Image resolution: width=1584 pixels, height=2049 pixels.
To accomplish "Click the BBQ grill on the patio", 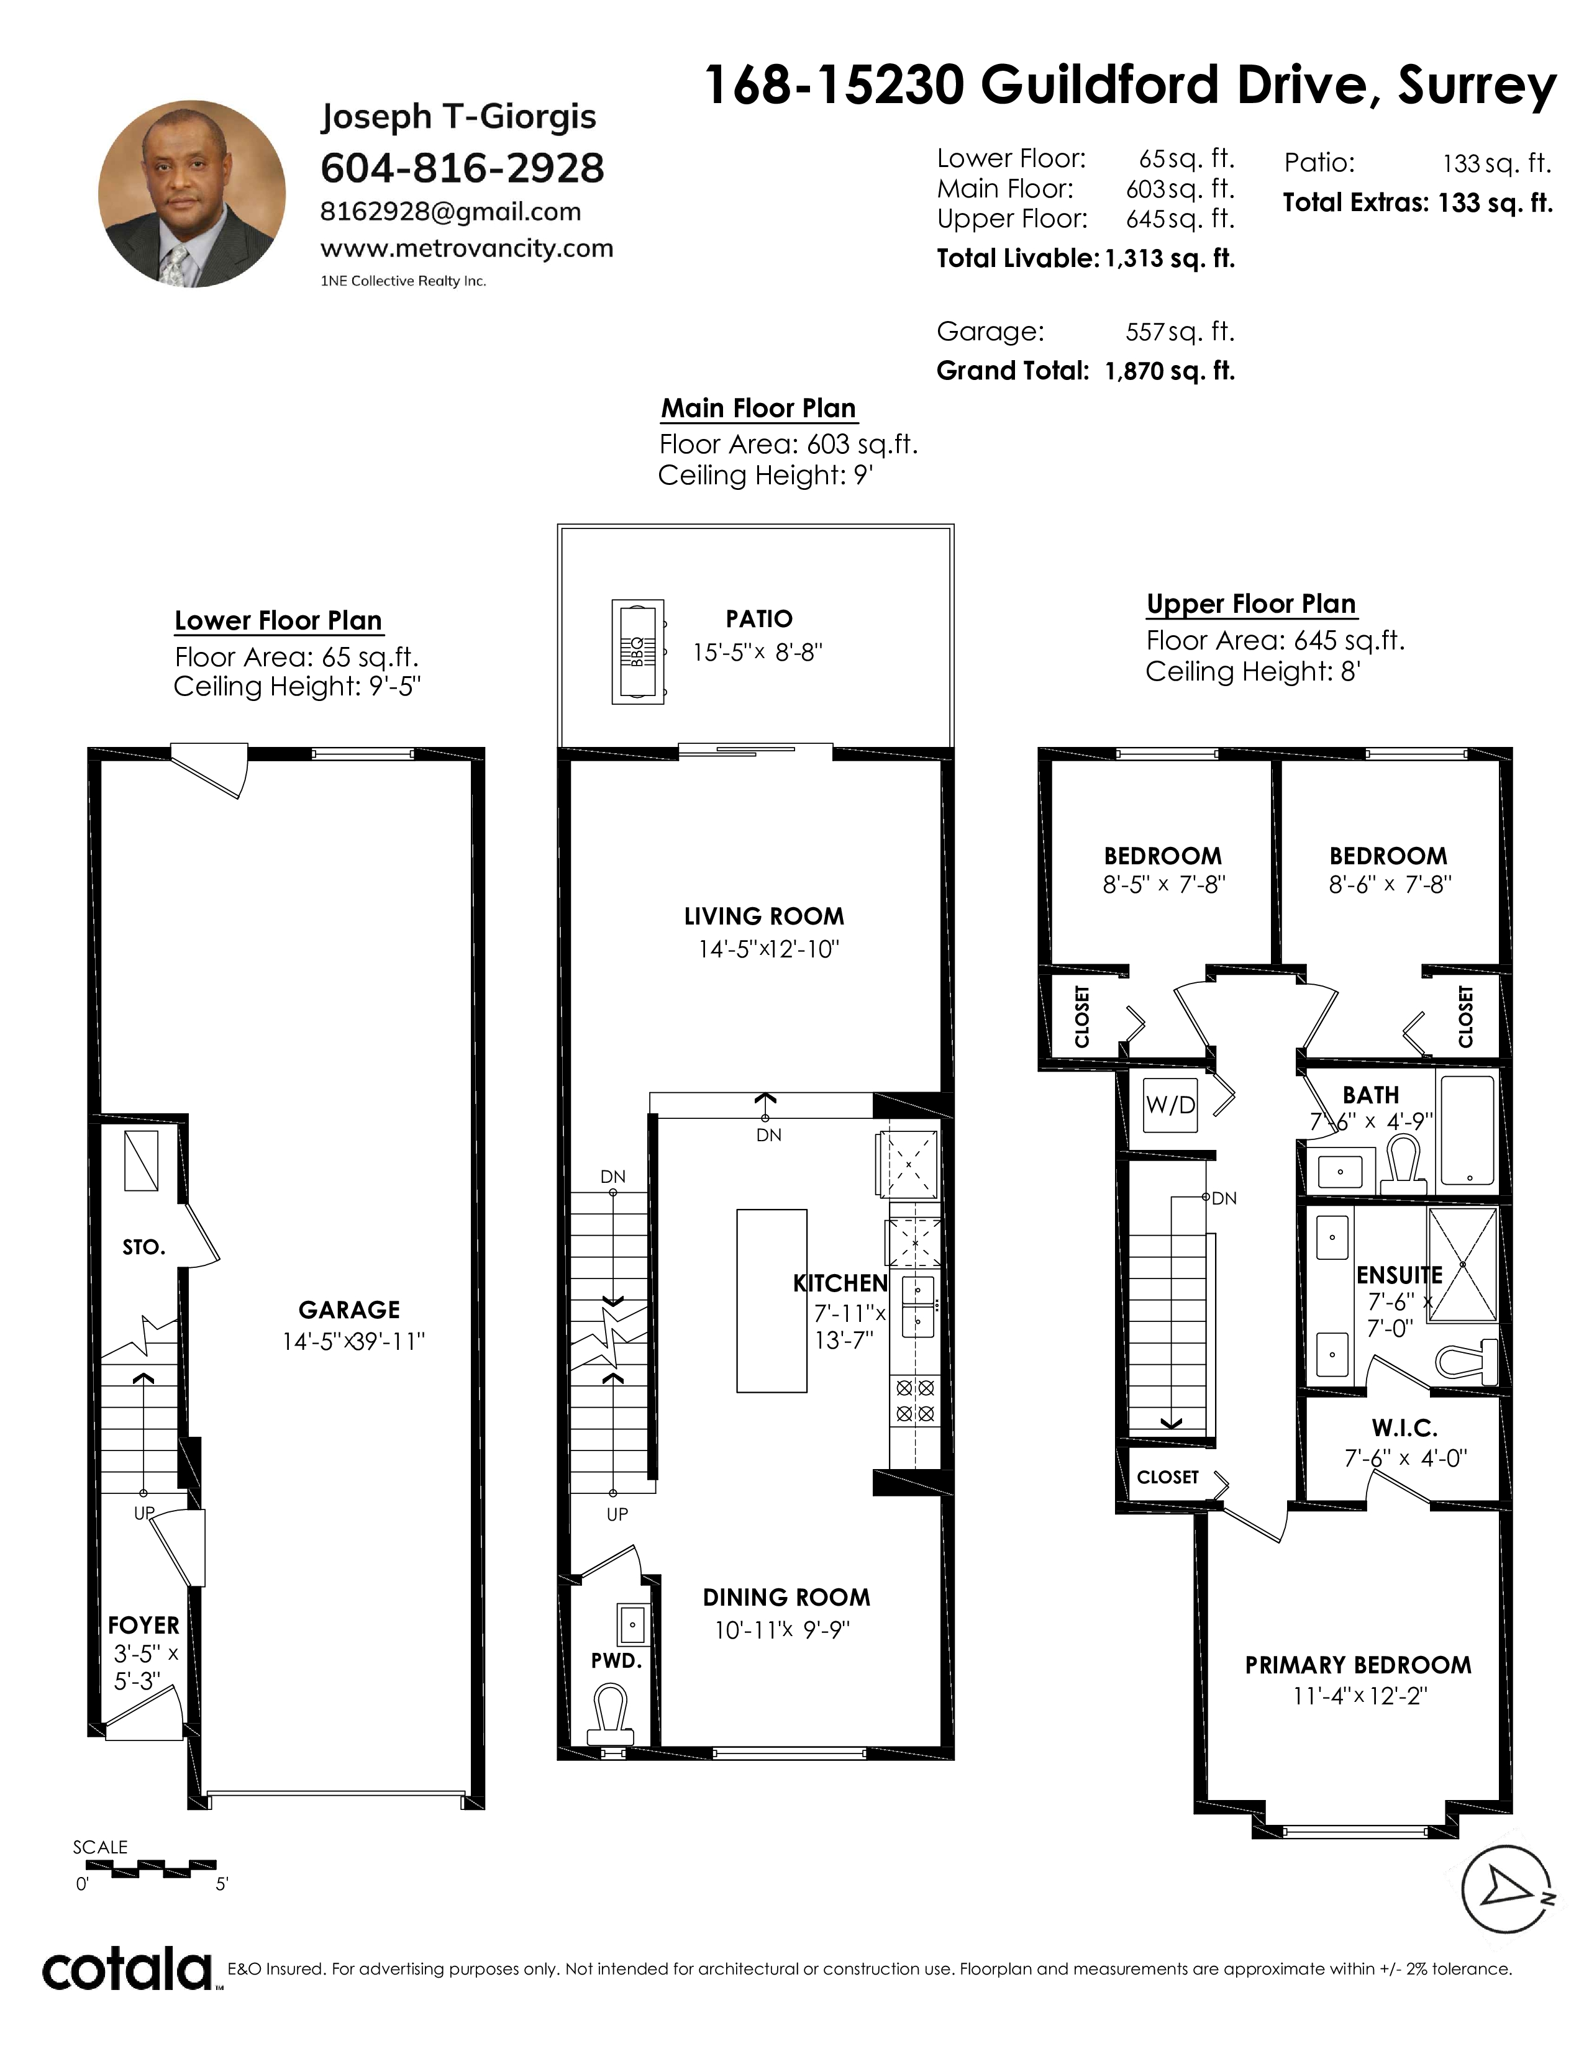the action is coord(638,651).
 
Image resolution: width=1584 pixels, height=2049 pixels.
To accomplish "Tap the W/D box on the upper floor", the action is coord(1170,1105).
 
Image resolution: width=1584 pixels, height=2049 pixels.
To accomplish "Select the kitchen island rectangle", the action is coord(772,1300).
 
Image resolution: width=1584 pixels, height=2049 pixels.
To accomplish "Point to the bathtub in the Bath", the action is coord(1467,1131).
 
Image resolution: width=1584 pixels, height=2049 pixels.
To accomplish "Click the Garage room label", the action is coord(349,1309).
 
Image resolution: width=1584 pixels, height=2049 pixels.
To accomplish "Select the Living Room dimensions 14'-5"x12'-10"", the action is coord(768,949).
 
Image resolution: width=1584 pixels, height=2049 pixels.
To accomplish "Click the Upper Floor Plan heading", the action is coord(1251,604).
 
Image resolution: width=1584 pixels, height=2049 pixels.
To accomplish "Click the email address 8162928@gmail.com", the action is coord(450,212).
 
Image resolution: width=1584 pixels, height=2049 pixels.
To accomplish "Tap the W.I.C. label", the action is coord(1404,1428).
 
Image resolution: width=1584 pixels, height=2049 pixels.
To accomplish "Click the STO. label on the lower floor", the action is coord(143,1247).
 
